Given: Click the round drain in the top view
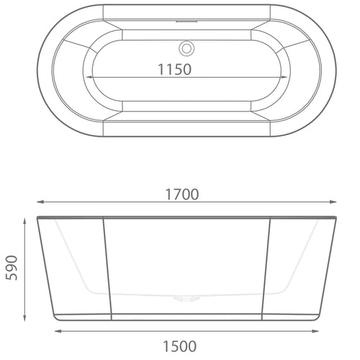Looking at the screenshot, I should pos(187,49).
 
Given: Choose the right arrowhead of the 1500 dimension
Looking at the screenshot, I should pos(318,331).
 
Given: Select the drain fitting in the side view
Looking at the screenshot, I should pos(187,295).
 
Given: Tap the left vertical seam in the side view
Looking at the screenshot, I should pos(108,266).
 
